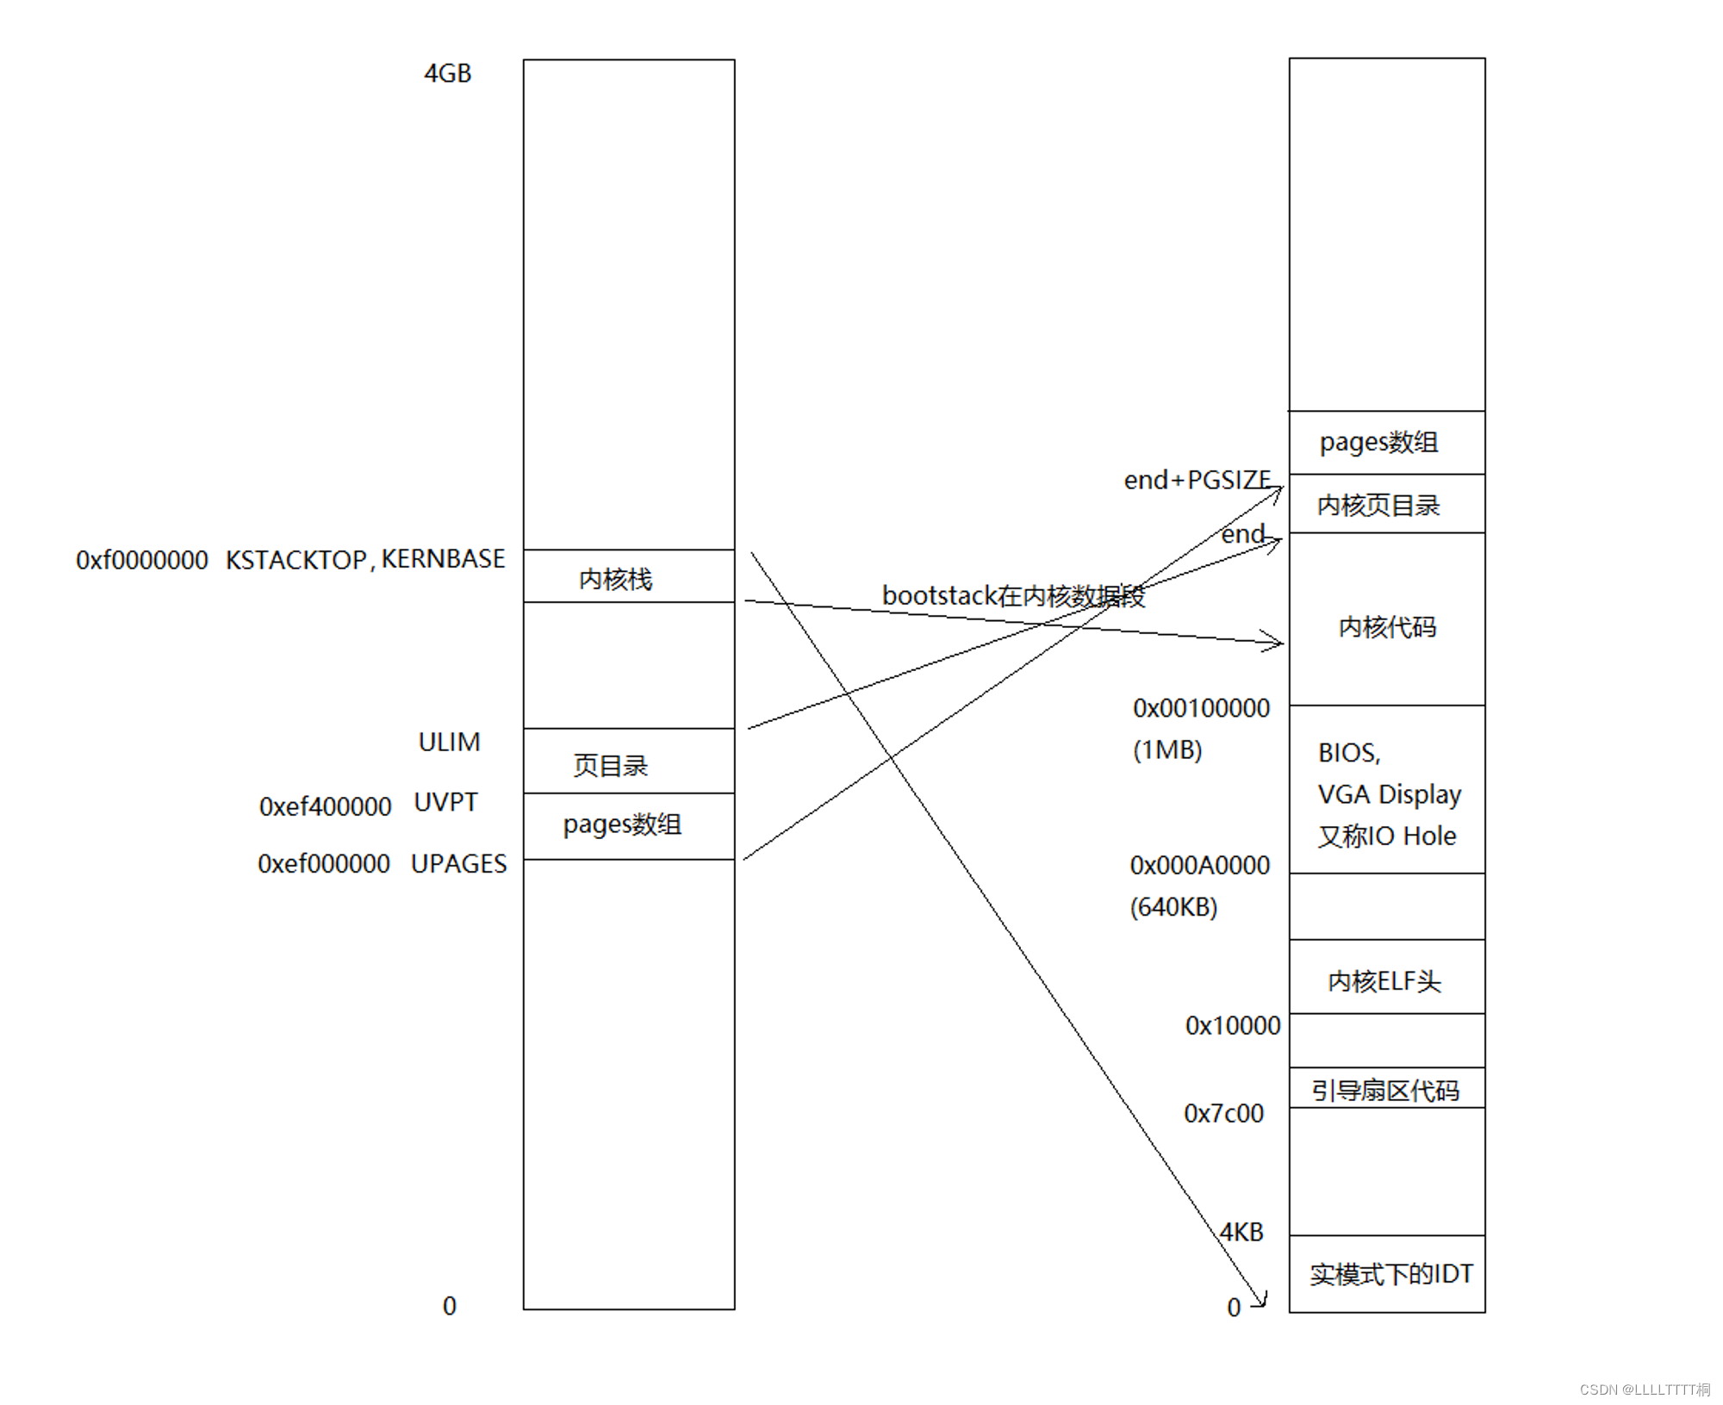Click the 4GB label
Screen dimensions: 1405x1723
[x=447, y=73]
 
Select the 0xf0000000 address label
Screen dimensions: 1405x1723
[x=142, y=560]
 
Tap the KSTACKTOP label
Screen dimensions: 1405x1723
[x=295, y=560]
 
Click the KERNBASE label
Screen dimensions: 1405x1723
[x=443, y=559]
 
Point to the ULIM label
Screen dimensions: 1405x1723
[x=449, y=742]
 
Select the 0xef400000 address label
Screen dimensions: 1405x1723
[x=325, y=806]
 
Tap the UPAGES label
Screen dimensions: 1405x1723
[x=458, y=863]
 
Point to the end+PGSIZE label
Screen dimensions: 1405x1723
[x=1197, y=480]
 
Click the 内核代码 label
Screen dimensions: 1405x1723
[x=1387, y=627]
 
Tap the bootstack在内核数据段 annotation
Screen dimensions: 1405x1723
[x=1013, y=595]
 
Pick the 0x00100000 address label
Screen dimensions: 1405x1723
[x=1201, y=708]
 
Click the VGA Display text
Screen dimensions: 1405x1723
[x=1389, y=793]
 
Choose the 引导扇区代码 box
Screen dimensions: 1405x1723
[x=1386, y=1090]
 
